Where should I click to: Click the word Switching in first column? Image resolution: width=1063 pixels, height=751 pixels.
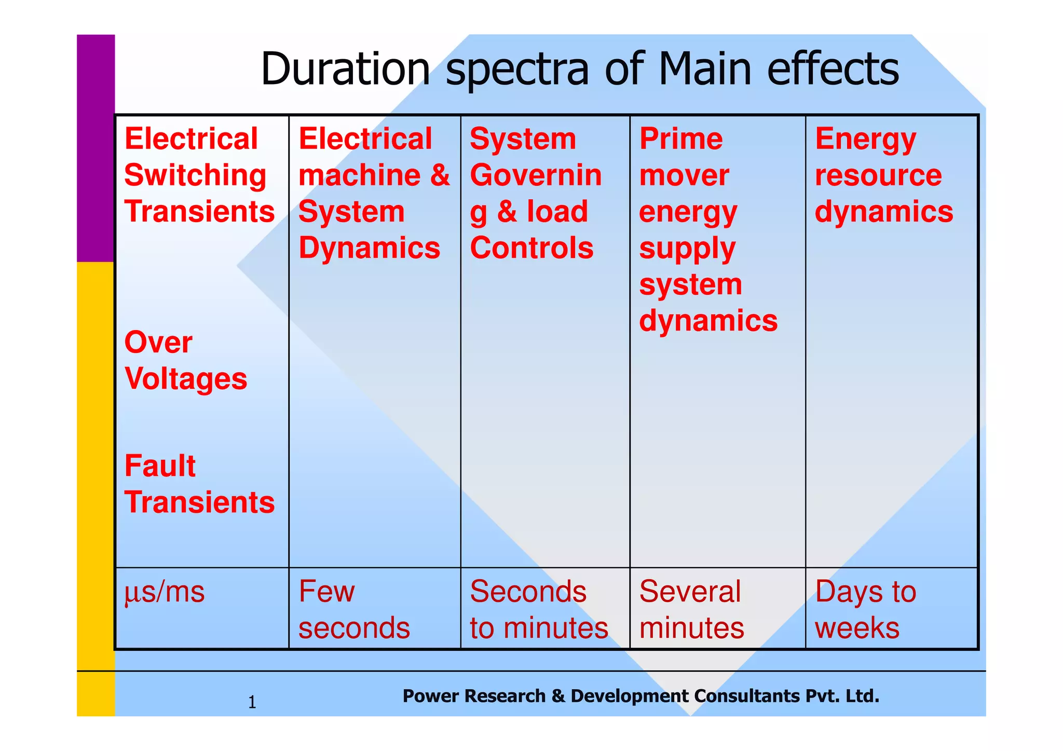195,175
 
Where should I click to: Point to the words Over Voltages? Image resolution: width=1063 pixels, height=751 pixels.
185,361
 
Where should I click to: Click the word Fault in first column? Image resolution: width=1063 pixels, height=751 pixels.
160,466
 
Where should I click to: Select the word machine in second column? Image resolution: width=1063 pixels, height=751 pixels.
359,175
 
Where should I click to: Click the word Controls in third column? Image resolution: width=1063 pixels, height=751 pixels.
531,248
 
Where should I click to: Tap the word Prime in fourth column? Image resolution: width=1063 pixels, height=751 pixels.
680,139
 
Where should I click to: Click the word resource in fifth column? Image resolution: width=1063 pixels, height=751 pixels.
878,175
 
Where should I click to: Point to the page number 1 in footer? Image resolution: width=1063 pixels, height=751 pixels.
252,702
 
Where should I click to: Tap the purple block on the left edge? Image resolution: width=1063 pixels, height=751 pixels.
96,148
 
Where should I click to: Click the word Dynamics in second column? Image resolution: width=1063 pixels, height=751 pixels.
369,248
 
